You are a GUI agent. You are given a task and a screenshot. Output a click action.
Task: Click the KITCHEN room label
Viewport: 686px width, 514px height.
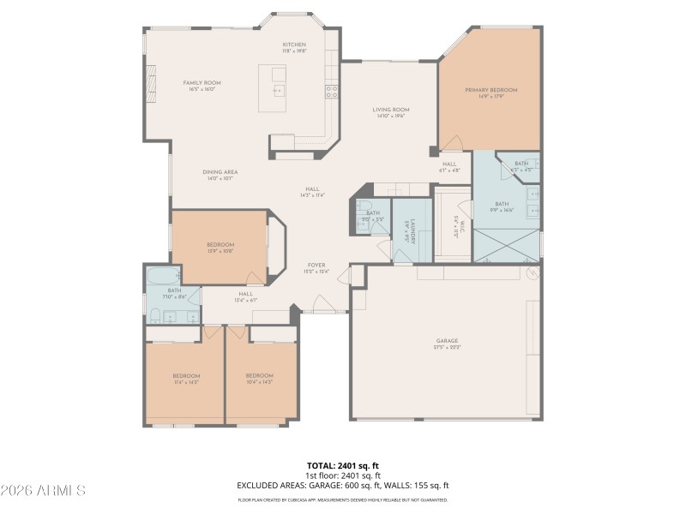coord(294,45)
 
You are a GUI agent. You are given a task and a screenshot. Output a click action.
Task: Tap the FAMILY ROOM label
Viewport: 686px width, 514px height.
coord(202,83)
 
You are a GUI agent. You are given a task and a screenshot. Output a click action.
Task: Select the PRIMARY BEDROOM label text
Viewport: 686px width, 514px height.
coord(491,90)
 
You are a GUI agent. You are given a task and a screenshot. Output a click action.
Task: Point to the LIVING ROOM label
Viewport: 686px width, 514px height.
coord(390,110)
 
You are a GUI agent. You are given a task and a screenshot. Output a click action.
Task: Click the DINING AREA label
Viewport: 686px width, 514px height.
coord(220,172)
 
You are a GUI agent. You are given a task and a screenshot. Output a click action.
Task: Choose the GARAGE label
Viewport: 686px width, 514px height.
coord(447,340)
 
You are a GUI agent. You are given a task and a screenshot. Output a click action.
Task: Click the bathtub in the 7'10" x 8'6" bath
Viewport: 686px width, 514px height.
coord(163,276)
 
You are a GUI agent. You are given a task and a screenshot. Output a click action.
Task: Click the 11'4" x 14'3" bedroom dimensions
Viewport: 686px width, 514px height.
coord(186,381)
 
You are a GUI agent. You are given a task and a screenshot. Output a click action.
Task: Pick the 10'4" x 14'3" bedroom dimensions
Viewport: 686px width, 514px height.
coord(259,381)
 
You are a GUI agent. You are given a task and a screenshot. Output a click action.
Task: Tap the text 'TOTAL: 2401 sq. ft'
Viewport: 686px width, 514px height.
coord(343,466)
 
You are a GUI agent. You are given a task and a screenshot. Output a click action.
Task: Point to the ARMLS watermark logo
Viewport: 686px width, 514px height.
coord(43,491)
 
